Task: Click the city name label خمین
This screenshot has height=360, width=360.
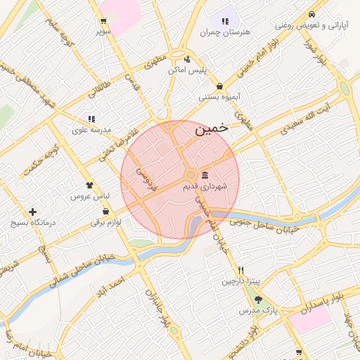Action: [x=210, y=129]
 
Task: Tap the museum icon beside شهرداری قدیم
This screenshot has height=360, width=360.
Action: [x=205, y=175]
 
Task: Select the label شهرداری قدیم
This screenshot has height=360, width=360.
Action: [x=204, y=187]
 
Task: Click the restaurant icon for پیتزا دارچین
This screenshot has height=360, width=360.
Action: [x=240, y=270]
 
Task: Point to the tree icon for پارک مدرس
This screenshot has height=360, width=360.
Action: [x=258, y=300]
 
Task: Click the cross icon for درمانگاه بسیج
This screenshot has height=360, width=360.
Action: [x=32, y=212]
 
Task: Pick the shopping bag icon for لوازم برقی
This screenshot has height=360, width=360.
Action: [x=105, y=211]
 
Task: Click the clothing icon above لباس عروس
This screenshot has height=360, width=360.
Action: [x=89, y=185]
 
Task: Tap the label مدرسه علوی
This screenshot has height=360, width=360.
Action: [x=92, y=130]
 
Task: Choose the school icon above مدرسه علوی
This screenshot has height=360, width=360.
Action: [x=91, y=119]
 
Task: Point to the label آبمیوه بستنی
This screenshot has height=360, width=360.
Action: [x=221, y=97]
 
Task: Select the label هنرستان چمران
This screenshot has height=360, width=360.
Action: [x=225, y=32]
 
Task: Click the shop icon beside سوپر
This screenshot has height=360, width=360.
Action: [x=103, y=21]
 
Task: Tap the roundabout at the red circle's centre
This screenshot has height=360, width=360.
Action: [x=190, y=174]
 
